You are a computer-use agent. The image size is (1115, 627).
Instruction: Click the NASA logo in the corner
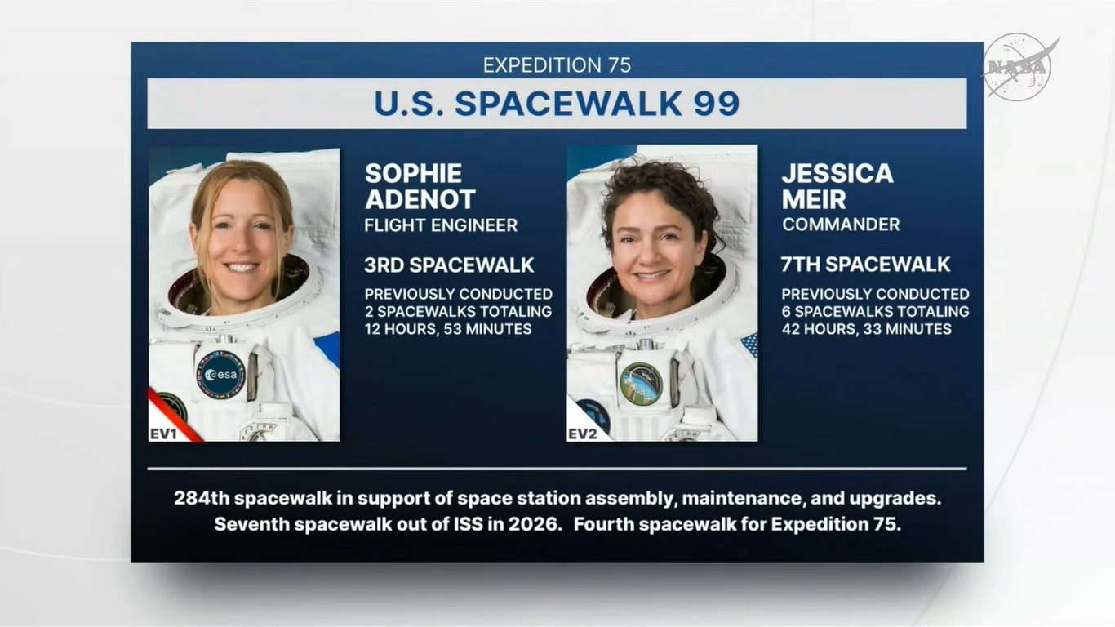tap(1019, 67)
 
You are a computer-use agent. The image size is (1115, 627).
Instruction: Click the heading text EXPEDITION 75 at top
tap(557, 65)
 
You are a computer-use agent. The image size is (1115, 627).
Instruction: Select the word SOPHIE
tap(413, 173)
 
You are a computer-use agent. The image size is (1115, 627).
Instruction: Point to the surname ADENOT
tap(420, 199)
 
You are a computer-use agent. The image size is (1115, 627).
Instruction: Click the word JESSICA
tap(837, 173)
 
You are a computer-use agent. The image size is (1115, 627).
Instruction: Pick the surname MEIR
tap(813, 199)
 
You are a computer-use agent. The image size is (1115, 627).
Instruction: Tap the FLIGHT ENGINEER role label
tap(441, 225)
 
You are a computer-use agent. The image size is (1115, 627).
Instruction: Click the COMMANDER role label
tap(841, 225)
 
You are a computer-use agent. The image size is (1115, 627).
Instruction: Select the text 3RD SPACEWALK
tap(449, 265)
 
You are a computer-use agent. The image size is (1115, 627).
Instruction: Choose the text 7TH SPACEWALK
tap(865, 265)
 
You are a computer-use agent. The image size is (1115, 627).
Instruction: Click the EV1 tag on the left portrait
tap(163, 434)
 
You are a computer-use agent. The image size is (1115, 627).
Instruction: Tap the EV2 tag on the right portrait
tap(582, 434)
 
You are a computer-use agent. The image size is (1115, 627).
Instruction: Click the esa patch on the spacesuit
tap(220, 375)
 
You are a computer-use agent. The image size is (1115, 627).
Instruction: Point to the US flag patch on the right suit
tap(749, 345)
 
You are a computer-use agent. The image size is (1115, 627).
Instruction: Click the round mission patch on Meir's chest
tap(641, 384)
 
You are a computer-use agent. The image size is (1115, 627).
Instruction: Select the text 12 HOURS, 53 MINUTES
tap(448, 329)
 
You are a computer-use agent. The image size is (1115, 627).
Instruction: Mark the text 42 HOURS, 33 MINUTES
tap(866, 329)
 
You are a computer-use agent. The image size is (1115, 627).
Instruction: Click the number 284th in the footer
tap(202, 498)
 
